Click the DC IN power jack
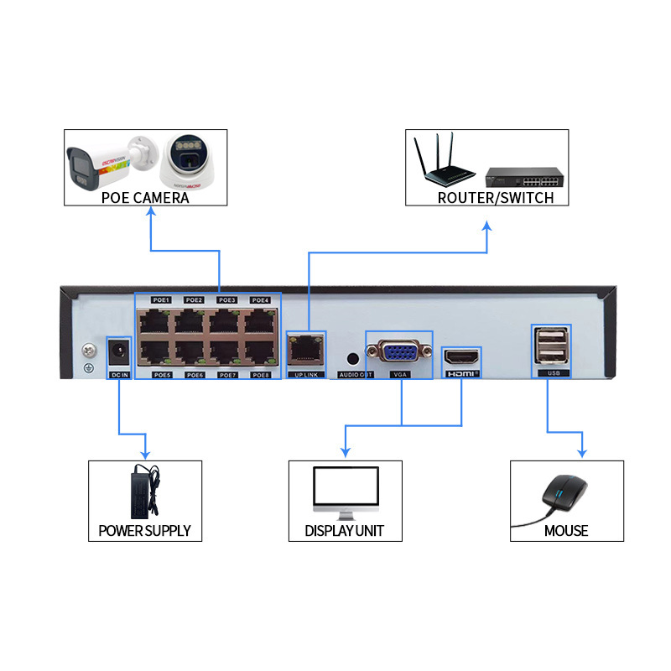click(120, 350)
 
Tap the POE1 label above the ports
click(161, 300)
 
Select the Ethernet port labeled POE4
click(260, 321)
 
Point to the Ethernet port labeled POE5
click(157, 352)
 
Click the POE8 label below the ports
click(260, 375)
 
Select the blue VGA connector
click(399, 351)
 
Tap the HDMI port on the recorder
click(460, 356)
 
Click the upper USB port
click(551, 337)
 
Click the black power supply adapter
click(143, 492)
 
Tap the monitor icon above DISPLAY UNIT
click(345, 491)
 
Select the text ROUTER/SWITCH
click(496, 198)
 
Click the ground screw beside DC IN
click(87, 351)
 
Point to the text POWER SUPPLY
click(144, 531)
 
